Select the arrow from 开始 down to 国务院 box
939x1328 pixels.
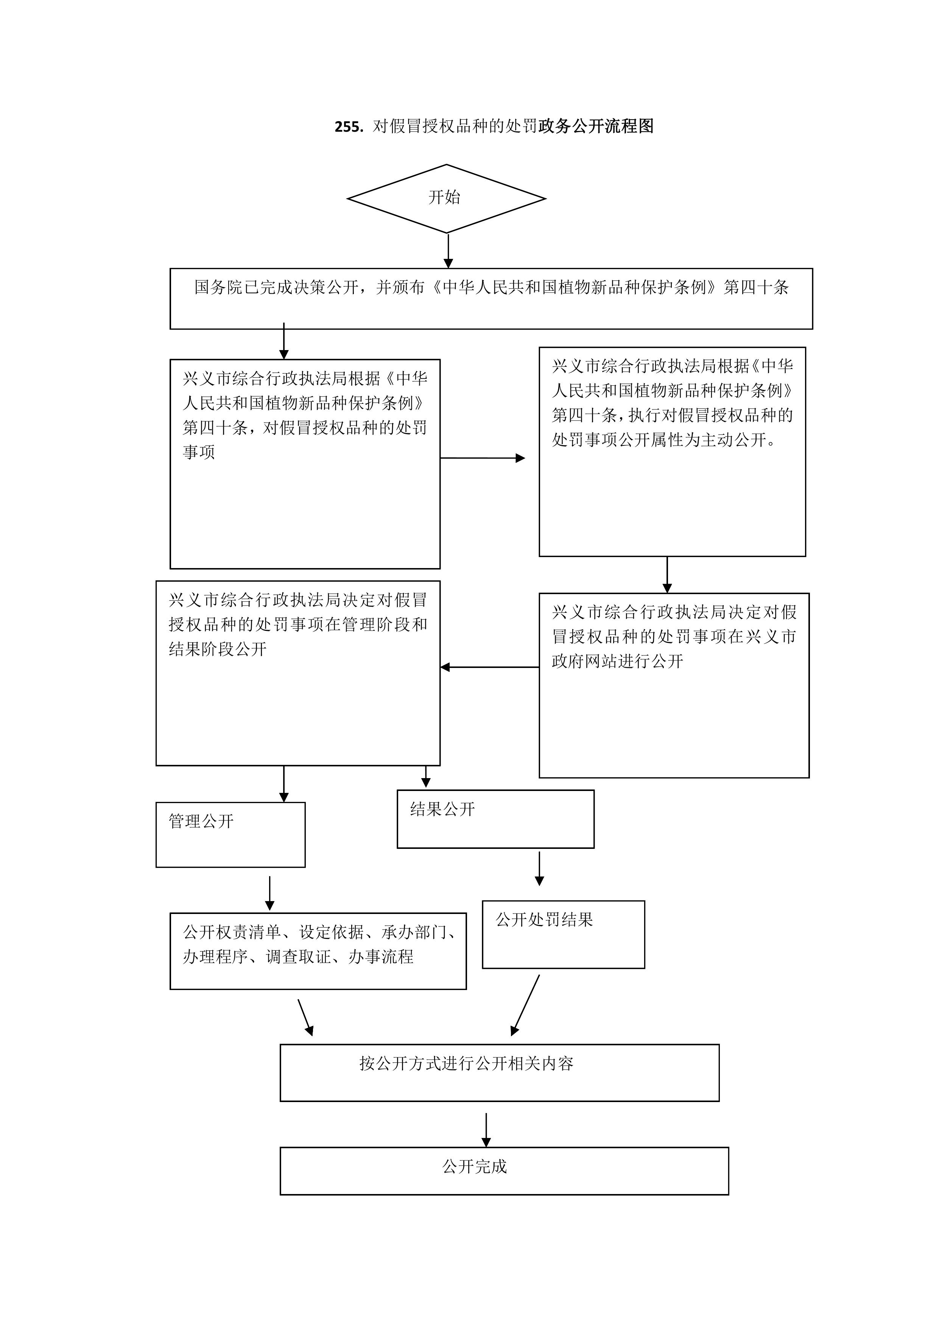point(448,251)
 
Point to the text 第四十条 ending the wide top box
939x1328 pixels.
point(756,288)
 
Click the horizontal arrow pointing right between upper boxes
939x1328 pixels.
point(483,458)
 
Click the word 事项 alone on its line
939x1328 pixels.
point(199,452)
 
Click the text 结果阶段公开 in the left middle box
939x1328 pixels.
point(218,649)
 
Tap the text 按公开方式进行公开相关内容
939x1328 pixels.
point(466,1063)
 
